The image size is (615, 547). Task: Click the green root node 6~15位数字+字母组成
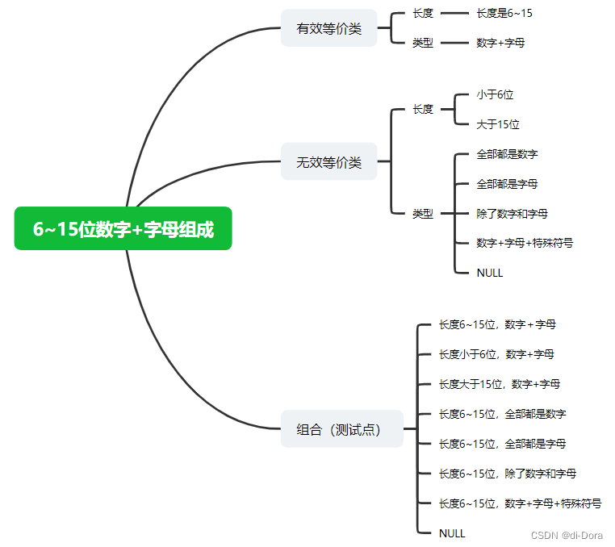coord(123,229)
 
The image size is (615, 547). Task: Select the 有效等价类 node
coord(328,28)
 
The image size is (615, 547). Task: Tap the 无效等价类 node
coord(328,162)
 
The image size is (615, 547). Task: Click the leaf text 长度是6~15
coord(504,14)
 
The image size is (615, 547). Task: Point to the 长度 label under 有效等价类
coord(423,14)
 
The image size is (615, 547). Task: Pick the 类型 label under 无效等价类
coord(423,214)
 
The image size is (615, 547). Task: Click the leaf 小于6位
coord(495,94)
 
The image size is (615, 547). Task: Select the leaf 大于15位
coord(498,124)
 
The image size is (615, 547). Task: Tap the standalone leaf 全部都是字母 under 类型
coord(507,184)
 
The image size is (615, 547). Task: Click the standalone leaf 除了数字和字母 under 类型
coord(512,214)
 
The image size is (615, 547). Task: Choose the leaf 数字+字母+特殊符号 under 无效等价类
coord(525,243)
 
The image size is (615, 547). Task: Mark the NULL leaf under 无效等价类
coord(490,273)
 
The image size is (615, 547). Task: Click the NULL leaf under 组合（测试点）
coord(452,533)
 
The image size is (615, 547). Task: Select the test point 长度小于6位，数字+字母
coord(496,354)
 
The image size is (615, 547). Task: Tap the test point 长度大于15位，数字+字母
coord(500,384)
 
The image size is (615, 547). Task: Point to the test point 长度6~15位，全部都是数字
coord(502,414)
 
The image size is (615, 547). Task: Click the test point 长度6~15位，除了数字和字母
coord(507,474)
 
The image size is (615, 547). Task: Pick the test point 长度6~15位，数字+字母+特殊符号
coord(520,503)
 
